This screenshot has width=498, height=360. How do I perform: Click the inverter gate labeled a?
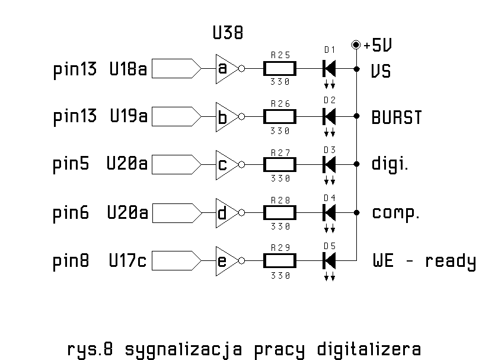225,69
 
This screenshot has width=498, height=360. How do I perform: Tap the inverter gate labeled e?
225,260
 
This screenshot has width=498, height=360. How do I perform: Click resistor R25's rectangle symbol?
280,69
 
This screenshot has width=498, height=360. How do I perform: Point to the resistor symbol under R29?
280,260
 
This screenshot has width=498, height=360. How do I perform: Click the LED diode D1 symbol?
329,69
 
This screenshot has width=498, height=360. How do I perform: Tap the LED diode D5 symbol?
329,260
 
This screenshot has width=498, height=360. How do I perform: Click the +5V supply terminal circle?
356,44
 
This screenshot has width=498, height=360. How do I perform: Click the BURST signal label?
397,117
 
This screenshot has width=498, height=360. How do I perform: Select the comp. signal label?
395,213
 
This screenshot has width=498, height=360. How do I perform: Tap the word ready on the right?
450,262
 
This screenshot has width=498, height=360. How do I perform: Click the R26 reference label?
280,103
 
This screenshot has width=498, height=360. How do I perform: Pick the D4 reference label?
330,197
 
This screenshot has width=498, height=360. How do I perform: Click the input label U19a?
128,116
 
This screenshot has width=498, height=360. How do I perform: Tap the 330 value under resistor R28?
280,226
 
